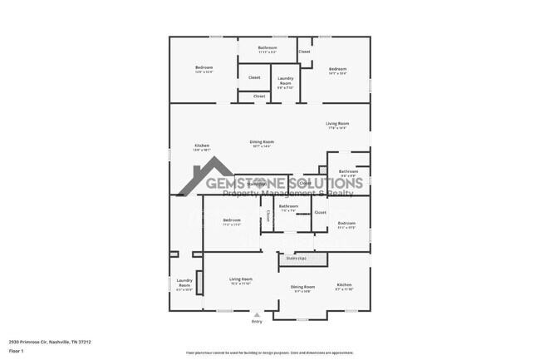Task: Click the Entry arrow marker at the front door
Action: pos(257,315)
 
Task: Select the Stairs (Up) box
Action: pos(297,259)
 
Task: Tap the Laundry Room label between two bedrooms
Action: pos(285,82)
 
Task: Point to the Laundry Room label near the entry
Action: pos(184,284)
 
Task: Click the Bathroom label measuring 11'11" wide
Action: pos(268,49)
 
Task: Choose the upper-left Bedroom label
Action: pos(204,69)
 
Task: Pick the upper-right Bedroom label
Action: pos(337,71)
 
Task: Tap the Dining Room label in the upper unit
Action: pos(262,143)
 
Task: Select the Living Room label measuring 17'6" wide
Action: pos(337,125)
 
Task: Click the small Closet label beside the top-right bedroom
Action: pos(305,52)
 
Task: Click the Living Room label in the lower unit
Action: pos(241,280)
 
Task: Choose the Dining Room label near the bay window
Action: pos(302,288)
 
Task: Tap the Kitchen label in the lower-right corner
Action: pos(344,286)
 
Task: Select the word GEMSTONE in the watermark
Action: pos(247,183)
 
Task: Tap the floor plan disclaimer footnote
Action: pos(269,353)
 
